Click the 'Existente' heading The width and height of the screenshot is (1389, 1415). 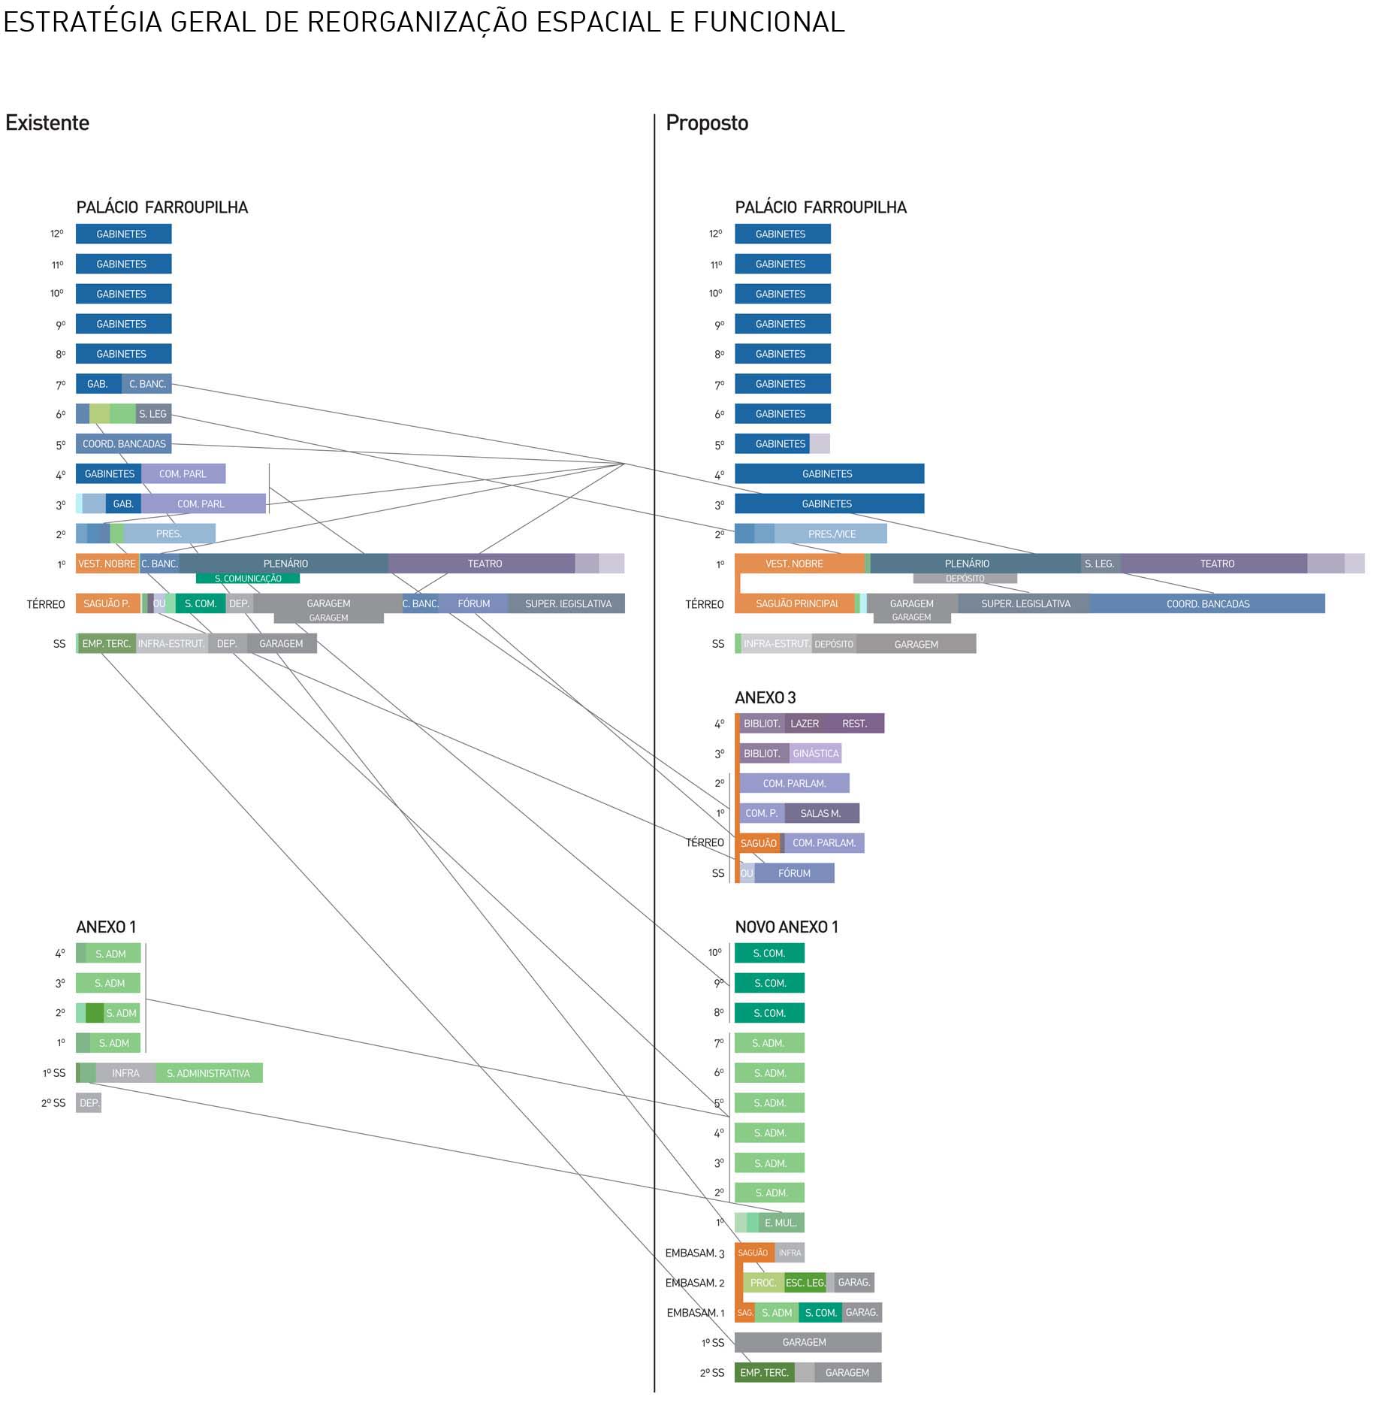tap(47, 122)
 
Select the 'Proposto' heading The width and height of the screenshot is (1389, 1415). tap(707, 122)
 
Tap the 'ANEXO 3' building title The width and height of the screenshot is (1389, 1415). tap(765, 697)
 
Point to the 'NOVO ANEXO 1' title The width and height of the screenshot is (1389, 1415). tap(787, 927)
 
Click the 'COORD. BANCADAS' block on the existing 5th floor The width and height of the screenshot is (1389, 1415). tap(124, 444)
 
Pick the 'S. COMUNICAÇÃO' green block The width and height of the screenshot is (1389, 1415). tap(248, 579)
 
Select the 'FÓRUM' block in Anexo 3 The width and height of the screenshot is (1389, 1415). tap(794, 873)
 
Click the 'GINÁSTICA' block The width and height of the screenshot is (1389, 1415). tap(815, 753)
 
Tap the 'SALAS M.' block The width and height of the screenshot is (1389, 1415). tap(821, 813)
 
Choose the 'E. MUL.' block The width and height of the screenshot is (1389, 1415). tap(781, 1223)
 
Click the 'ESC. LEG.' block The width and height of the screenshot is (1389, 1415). tap(805, 1283)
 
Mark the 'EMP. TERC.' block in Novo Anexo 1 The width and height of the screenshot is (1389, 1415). tap(764, 1372)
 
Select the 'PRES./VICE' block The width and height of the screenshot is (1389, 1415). tap(832, 534)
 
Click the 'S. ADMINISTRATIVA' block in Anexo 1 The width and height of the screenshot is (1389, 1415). tap(208, 1073)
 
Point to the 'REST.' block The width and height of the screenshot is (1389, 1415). tap(855, 724)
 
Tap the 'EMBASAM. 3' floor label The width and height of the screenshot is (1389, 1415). tap(695, 1253)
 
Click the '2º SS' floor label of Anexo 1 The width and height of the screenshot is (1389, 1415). tap(53, 1103)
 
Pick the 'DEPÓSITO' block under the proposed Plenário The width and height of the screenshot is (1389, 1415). tap(965, 579)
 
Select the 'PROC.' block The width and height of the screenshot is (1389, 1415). tap(763, 1283)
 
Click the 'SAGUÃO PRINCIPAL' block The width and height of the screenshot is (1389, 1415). tap(796, 603)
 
